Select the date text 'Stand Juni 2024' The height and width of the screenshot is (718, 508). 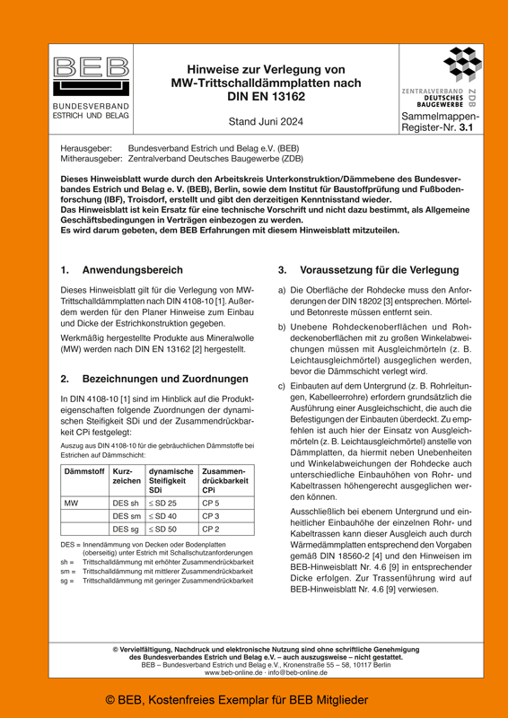tap(267, 122)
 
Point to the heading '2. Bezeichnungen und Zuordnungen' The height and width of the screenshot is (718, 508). tap(152, 379)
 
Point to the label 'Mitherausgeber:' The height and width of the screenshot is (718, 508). tap(91, 157)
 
